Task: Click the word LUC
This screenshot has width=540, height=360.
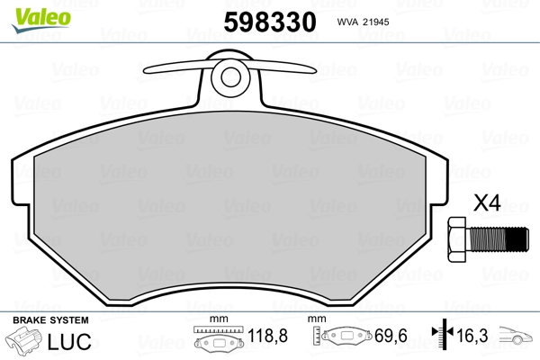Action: (x=67, y=341)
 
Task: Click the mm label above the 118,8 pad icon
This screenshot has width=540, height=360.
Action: (x=215, y=320)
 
